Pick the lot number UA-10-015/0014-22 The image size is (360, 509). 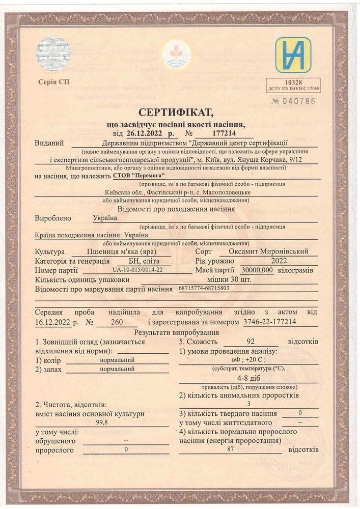coord(137,270)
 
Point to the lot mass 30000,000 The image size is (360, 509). coord(258,270)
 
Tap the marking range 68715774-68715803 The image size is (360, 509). coord(204,288)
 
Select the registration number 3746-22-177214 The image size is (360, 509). coord(269,322)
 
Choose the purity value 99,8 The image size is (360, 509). coord(102,422)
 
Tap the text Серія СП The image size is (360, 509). coord(54,81)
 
